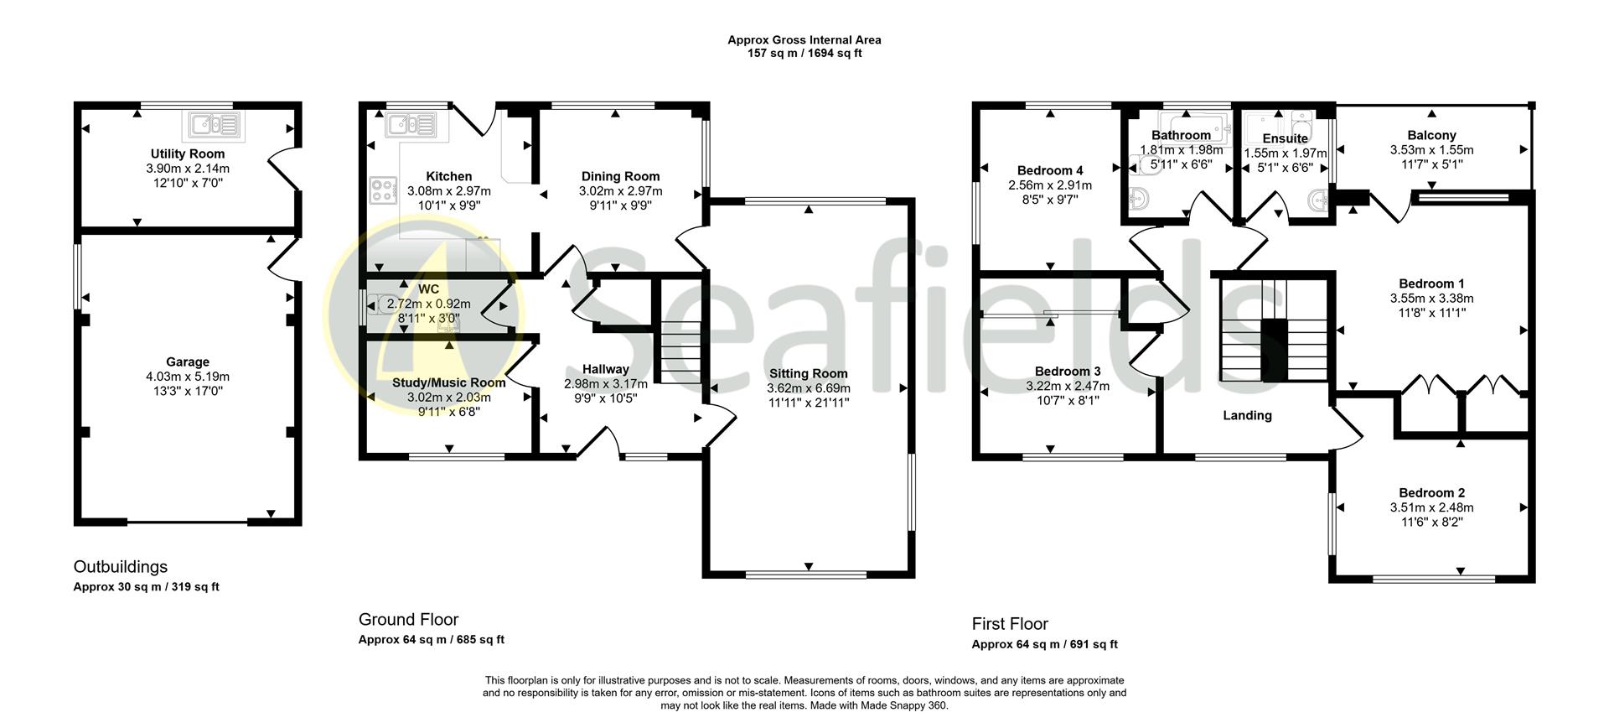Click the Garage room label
(x=188, y=362)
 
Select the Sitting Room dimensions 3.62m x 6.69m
(x=808, y=388)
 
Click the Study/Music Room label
(x=448, y=382)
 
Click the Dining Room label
(x=620, y=176)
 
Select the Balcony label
(x=1431, y=135)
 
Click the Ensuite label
(x=1285, y=138)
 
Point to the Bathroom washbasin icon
(x=1140, y=200)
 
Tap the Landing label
(x=1247, y=415)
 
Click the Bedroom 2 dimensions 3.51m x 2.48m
(x=1431, y=507)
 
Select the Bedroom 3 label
(x=1068, y=372)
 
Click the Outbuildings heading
(x=121, y=567)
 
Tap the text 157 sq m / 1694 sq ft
(x=804, y=53)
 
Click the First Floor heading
(x=1010, y=624)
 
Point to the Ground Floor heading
(x=408, y=620)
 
